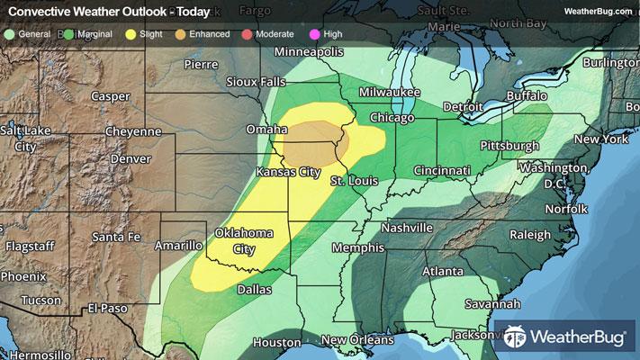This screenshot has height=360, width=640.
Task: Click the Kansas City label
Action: tap(289, 171)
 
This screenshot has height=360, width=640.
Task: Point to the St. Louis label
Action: tap(352, 183)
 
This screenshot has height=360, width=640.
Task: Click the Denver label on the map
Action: tap(130, 158)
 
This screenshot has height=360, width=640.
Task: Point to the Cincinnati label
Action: tap(442, 170)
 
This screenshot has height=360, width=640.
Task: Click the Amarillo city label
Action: tap(177, 245)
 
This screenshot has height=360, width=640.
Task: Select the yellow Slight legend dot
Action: tap(131, 33)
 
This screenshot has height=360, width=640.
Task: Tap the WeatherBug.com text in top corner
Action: tap(597, 12)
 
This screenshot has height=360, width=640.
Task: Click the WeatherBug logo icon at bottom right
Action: tap(517, 337)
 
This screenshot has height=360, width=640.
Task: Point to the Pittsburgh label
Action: tap(509, 145)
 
